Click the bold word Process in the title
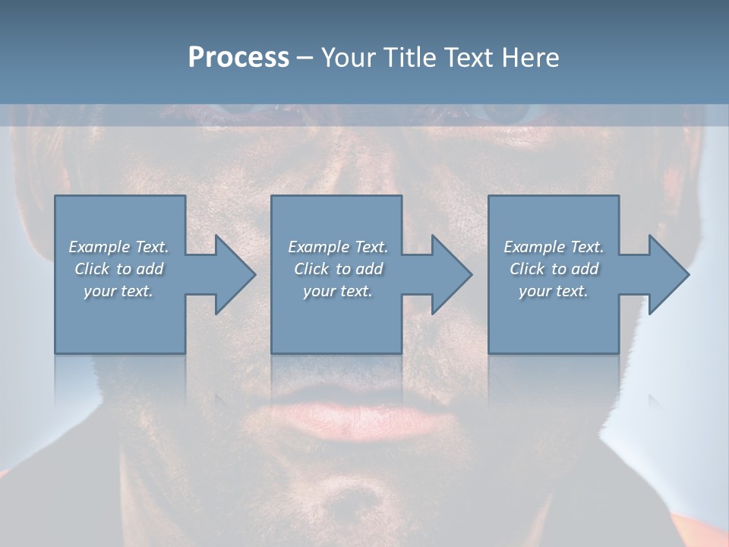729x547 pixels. [x=238, y=58]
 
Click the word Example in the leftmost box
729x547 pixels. [x=99, y=247]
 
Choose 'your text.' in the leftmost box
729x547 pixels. [x=118, y=291]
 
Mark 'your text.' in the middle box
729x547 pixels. [x=337, y=291]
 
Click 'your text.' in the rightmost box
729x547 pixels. [x=554, y=291]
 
